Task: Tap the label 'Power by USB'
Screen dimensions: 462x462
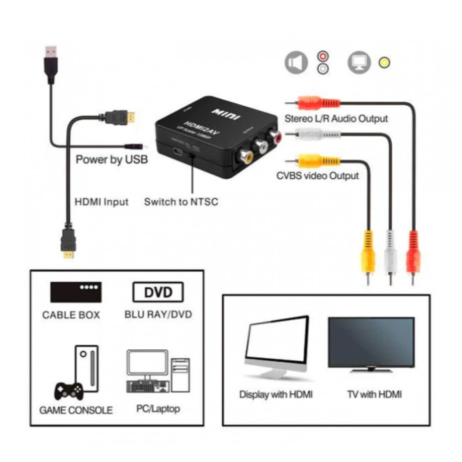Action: (x=112, y=160)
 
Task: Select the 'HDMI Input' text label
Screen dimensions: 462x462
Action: (x=102, y=202)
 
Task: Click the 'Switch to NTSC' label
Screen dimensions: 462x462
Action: (x=181, y=202)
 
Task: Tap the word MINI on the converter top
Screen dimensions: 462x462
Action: (x=225, y=113)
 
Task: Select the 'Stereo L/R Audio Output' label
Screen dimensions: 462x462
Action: (x=336, y=118)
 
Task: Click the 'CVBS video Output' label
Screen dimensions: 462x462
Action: (x=317, y=176)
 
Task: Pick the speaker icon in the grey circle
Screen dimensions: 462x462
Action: (x=296, y=63)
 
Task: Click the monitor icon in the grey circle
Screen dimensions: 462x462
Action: (x=359, y=63)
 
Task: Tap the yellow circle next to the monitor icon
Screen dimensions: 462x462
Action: (x=383, y=62)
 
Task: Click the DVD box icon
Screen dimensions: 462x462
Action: (x=158, y=292)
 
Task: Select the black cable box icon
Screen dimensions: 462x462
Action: (x=76, y=292)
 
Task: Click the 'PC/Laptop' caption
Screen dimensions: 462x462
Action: (x=158, y=408)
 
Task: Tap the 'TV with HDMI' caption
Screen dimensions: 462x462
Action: (x=374, y=394)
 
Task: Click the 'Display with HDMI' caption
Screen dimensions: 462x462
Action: (x=276, y=394)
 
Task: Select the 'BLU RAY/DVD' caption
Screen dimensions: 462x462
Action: (x=158, y=315)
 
